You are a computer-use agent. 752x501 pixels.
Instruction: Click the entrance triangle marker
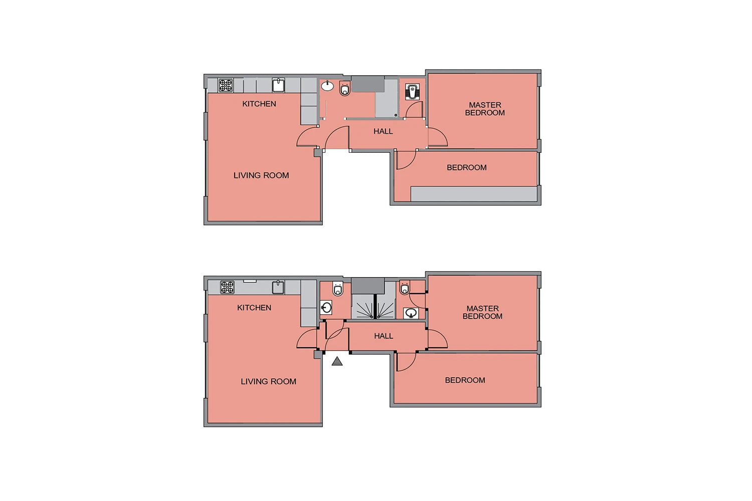pos(337,362)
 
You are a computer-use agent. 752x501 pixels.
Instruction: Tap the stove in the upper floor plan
pos(226,85)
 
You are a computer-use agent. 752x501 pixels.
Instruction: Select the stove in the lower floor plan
pos(227,287)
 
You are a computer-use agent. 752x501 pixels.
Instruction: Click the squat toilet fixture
pos(412,92)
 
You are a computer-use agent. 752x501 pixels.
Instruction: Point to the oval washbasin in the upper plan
pos(327,86)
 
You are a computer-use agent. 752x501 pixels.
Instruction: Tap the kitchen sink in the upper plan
pos(278,85)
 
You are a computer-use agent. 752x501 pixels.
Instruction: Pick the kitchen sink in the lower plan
pos(278,287)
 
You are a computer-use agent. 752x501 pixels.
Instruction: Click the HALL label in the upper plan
pos(383,131)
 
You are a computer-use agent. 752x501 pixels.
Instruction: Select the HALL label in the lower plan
pos(384,336)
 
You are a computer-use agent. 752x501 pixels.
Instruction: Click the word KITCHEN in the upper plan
pos(259,104)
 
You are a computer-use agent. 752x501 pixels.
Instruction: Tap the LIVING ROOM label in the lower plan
pos(269,382)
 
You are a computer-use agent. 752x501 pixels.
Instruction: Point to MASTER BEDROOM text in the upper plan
pos(485,109)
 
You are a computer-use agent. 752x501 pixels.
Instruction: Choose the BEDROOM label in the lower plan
pos(465,380)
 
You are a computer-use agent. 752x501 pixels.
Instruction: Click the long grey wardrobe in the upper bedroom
pos(474,194)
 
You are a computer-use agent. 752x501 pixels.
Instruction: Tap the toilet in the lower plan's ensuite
pos(405,288)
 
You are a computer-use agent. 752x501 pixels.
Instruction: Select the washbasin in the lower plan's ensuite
pos(411,313)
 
